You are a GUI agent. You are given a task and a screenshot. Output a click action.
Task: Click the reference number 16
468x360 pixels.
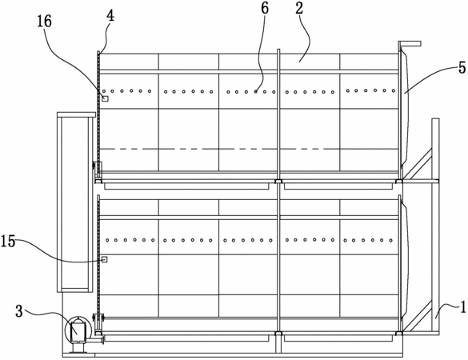click(45, 22)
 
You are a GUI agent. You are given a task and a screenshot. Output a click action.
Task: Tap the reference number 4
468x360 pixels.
click(110, 16)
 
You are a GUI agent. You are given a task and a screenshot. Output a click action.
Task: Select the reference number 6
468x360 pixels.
click(265, 8)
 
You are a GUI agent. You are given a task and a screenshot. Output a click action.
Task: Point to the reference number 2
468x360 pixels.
click(299, 8)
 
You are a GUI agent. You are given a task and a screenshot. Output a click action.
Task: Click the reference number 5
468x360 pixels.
click(462, 68)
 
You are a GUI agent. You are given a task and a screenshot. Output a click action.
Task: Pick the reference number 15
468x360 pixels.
click(8, 241)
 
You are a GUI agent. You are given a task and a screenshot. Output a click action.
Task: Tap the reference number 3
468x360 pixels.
click(19, 311)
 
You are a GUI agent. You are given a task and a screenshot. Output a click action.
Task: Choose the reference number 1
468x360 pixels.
click(462, 307)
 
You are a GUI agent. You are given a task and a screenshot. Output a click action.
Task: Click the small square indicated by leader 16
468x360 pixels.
click(105, 98)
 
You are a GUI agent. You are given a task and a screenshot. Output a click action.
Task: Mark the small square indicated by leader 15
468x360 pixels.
click(104, 259)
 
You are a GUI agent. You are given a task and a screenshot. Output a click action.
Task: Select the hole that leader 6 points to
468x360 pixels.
click(256, 92)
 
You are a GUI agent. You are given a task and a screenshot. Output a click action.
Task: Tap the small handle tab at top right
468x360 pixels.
click(410, 43)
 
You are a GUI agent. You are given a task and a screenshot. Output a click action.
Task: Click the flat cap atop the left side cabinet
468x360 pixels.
click(75, 114)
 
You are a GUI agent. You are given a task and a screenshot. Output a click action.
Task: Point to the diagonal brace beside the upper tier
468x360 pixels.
click(418, 163)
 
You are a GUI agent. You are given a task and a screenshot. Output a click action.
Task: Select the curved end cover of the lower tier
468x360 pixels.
click(405, 259)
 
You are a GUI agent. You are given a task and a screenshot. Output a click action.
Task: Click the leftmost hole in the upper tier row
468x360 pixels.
click(104, 91)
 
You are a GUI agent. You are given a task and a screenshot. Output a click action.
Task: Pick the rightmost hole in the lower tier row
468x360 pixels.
click(390, 240)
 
